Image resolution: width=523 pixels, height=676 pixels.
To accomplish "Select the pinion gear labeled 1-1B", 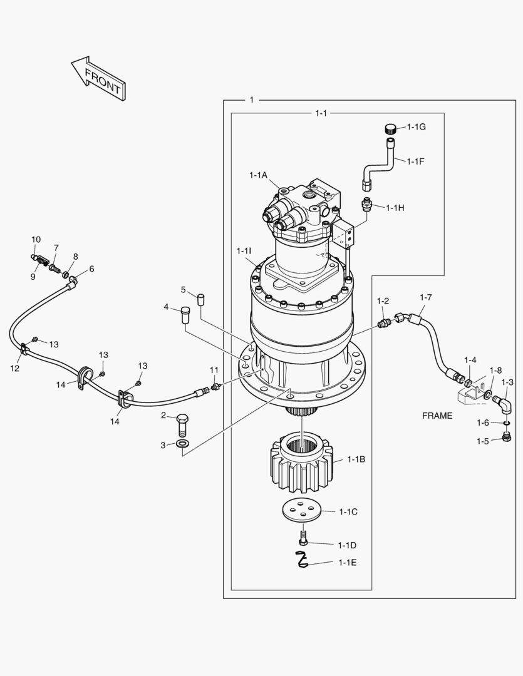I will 301,463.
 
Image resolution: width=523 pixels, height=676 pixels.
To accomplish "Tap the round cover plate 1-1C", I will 301,510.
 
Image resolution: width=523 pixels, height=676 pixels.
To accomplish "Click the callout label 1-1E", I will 348,562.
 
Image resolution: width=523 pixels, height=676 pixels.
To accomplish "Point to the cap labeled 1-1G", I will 391,129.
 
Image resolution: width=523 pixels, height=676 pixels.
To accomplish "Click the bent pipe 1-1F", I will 380,163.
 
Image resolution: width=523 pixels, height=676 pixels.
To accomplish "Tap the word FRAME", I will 437,416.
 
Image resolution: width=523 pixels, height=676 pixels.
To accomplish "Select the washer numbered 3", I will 182,444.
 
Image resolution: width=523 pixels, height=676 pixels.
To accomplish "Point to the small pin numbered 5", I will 201,298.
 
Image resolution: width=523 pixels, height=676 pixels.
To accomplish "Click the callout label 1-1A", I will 258,175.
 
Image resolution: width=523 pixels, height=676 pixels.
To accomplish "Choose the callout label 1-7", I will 425,297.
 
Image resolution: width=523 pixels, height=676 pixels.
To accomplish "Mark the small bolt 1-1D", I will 303,538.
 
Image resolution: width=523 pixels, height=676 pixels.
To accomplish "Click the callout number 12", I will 15,368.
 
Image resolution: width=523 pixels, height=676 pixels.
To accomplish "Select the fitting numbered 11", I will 215,387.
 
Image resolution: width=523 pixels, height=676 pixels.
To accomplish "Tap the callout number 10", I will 36,239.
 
